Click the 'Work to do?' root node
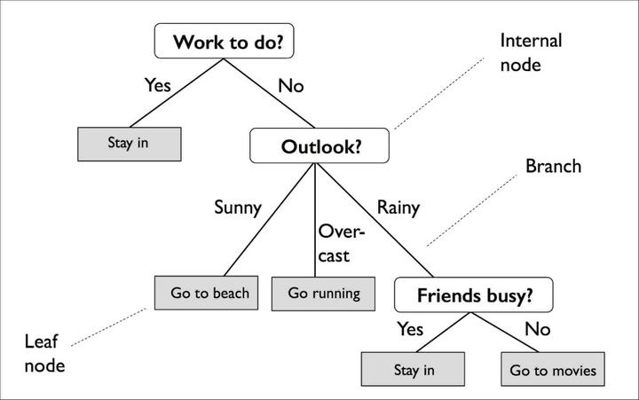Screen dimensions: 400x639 click(x=233, y=41)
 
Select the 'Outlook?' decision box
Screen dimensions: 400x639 click(x=320, y=146)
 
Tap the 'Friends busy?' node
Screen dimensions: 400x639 click(x=472, y=294)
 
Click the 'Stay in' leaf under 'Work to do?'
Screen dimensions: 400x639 click(x=130, y=142)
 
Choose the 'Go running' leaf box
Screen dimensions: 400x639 click(x=324, y=293)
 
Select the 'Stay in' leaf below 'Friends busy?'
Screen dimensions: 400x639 click(x=413, y=369)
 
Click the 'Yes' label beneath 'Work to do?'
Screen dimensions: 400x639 click(x=157, y=86)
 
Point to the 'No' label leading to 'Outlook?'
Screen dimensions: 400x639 click(x=291, y=86)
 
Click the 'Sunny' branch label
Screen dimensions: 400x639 click(x=238, y=208)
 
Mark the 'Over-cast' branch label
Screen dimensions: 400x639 click(x=335, y=243)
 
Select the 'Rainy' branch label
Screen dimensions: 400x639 click(x=398, y=208)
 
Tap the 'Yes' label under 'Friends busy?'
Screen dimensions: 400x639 click(x=410, y=329)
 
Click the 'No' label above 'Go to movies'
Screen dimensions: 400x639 click(x=539, y=329)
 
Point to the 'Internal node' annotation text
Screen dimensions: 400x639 click(x=531, y=53)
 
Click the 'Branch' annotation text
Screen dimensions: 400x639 click(x=553, y=166)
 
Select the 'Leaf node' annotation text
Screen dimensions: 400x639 click(x=44, y=353)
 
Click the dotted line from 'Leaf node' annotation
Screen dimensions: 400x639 click(x=108, y=326)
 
